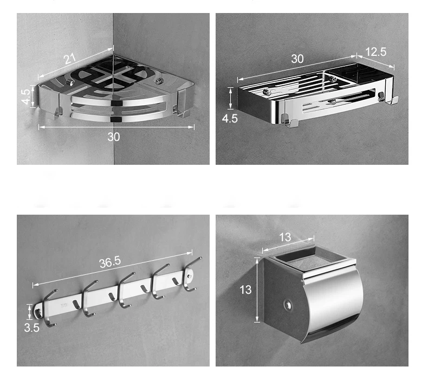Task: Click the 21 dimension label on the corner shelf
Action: (69, 59)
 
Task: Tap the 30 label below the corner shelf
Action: (114, 137)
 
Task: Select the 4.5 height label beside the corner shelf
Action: (25, 96)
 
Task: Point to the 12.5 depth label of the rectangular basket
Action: (376, 51)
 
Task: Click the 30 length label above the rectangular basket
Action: (297, 59)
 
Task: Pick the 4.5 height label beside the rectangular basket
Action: (230, 119)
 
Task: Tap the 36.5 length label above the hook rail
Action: (110, 262)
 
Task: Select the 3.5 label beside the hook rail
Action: (31, 327)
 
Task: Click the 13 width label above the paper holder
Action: (285, 237)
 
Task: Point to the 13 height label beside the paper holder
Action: (245, 289)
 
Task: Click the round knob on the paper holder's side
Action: (287, 305)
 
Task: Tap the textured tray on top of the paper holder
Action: (312, 259)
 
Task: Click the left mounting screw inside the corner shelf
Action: (70, 82)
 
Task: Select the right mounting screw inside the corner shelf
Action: (159, 81)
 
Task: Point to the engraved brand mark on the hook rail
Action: (64, 305)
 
